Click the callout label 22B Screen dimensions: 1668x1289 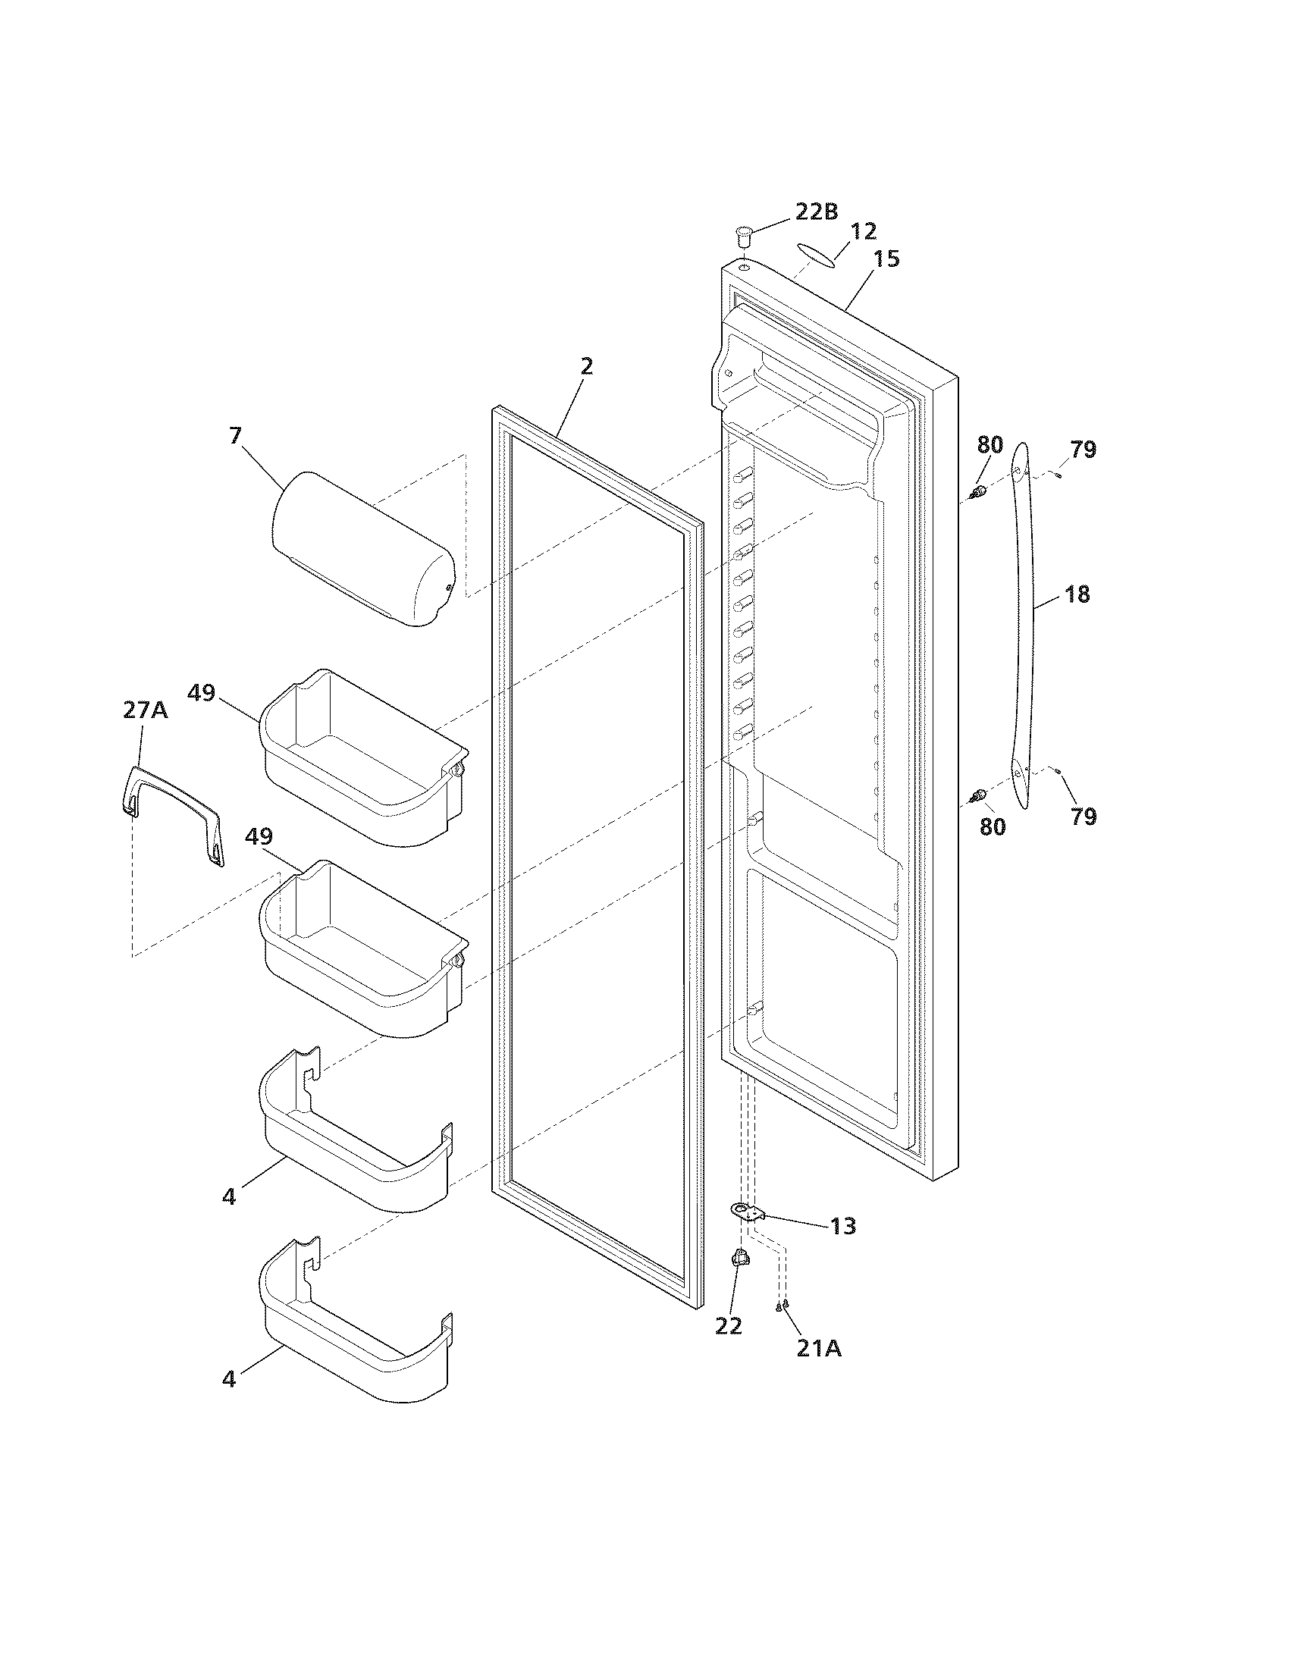(x=817, y=212)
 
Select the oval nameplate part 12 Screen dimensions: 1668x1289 (x=814, y=256)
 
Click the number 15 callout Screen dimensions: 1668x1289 (x=886, y=259)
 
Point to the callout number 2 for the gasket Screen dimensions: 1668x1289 (x=585, y=367)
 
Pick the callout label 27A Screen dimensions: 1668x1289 (x=145, y=710)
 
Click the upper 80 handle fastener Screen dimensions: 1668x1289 (x=977, y=491)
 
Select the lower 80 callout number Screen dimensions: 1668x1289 (x=992, y=826)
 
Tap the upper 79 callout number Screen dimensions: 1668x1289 (x=1083, y=450)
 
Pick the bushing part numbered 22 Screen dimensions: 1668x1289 (x=739, y=1259)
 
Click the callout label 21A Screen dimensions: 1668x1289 (x=819, y=1348)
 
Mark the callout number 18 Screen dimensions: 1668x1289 (x=1077, y=594)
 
